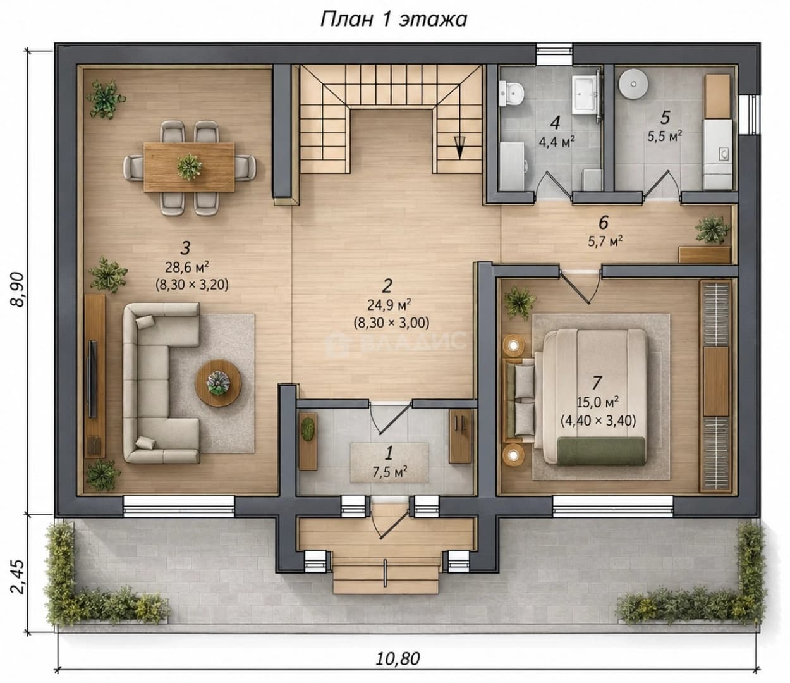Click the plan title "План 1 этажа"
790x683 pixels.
pos(393,20)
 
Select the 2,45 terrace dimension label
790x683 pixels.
pos(18,577)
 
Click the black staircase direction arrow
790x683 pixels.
pos(459,147)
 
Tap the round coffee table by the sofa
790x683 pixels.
pos(218,383)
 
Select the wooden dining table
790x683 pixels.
pos(189,166)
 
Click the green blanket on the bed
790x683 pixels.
pos(601,451)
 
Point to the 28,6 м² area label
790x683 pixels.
pos(187,266)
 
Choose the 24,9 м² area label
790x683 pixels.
pos(389,304)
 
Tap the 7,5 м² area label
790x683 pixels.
pos(390,472)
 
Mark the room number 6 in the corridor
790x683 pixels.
pos(604,222)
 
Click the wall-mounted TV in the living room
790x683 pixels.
pos(93,379)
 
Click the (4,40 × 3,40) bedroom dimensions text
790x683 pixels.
pos(598,421)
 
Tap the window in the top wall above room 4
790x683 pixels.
pos(554,54)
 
